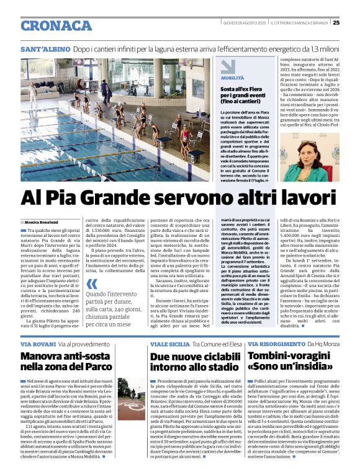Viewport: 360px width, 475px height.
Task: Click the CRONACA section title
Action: click(x=56, y=25)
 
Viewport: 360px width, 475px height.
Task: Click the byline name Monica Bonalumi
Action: click(x=42, y=221)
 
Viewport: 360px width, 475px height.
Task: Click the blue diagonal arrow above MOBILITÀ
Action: click(x=227, y=67)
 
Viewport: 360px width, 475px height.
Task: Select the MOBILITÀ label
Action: click(x=233, y=78)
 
